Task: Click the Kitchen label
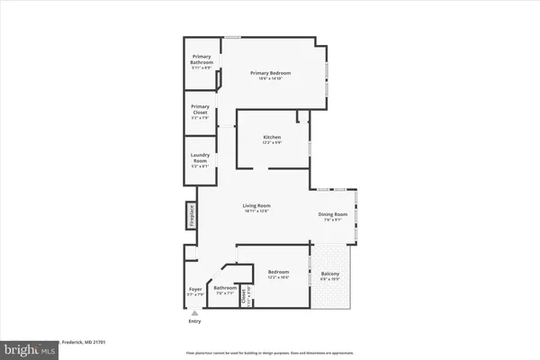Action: tap(272, 137)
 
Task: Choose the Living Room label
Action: tap(256, 205)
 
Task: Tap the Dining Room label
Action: tap(332, 213)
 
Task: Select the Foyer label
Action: tap(195, 290)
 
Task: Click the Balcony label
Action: tap(331, 274)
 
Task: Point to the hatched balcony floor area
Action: tap(332, 292)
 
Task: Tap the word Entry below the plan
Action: tap(195, 321)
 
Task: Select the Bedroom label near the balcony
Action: tap(279, 271)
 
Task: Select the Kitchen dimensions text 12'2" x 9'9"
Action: tap(272, 143)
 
